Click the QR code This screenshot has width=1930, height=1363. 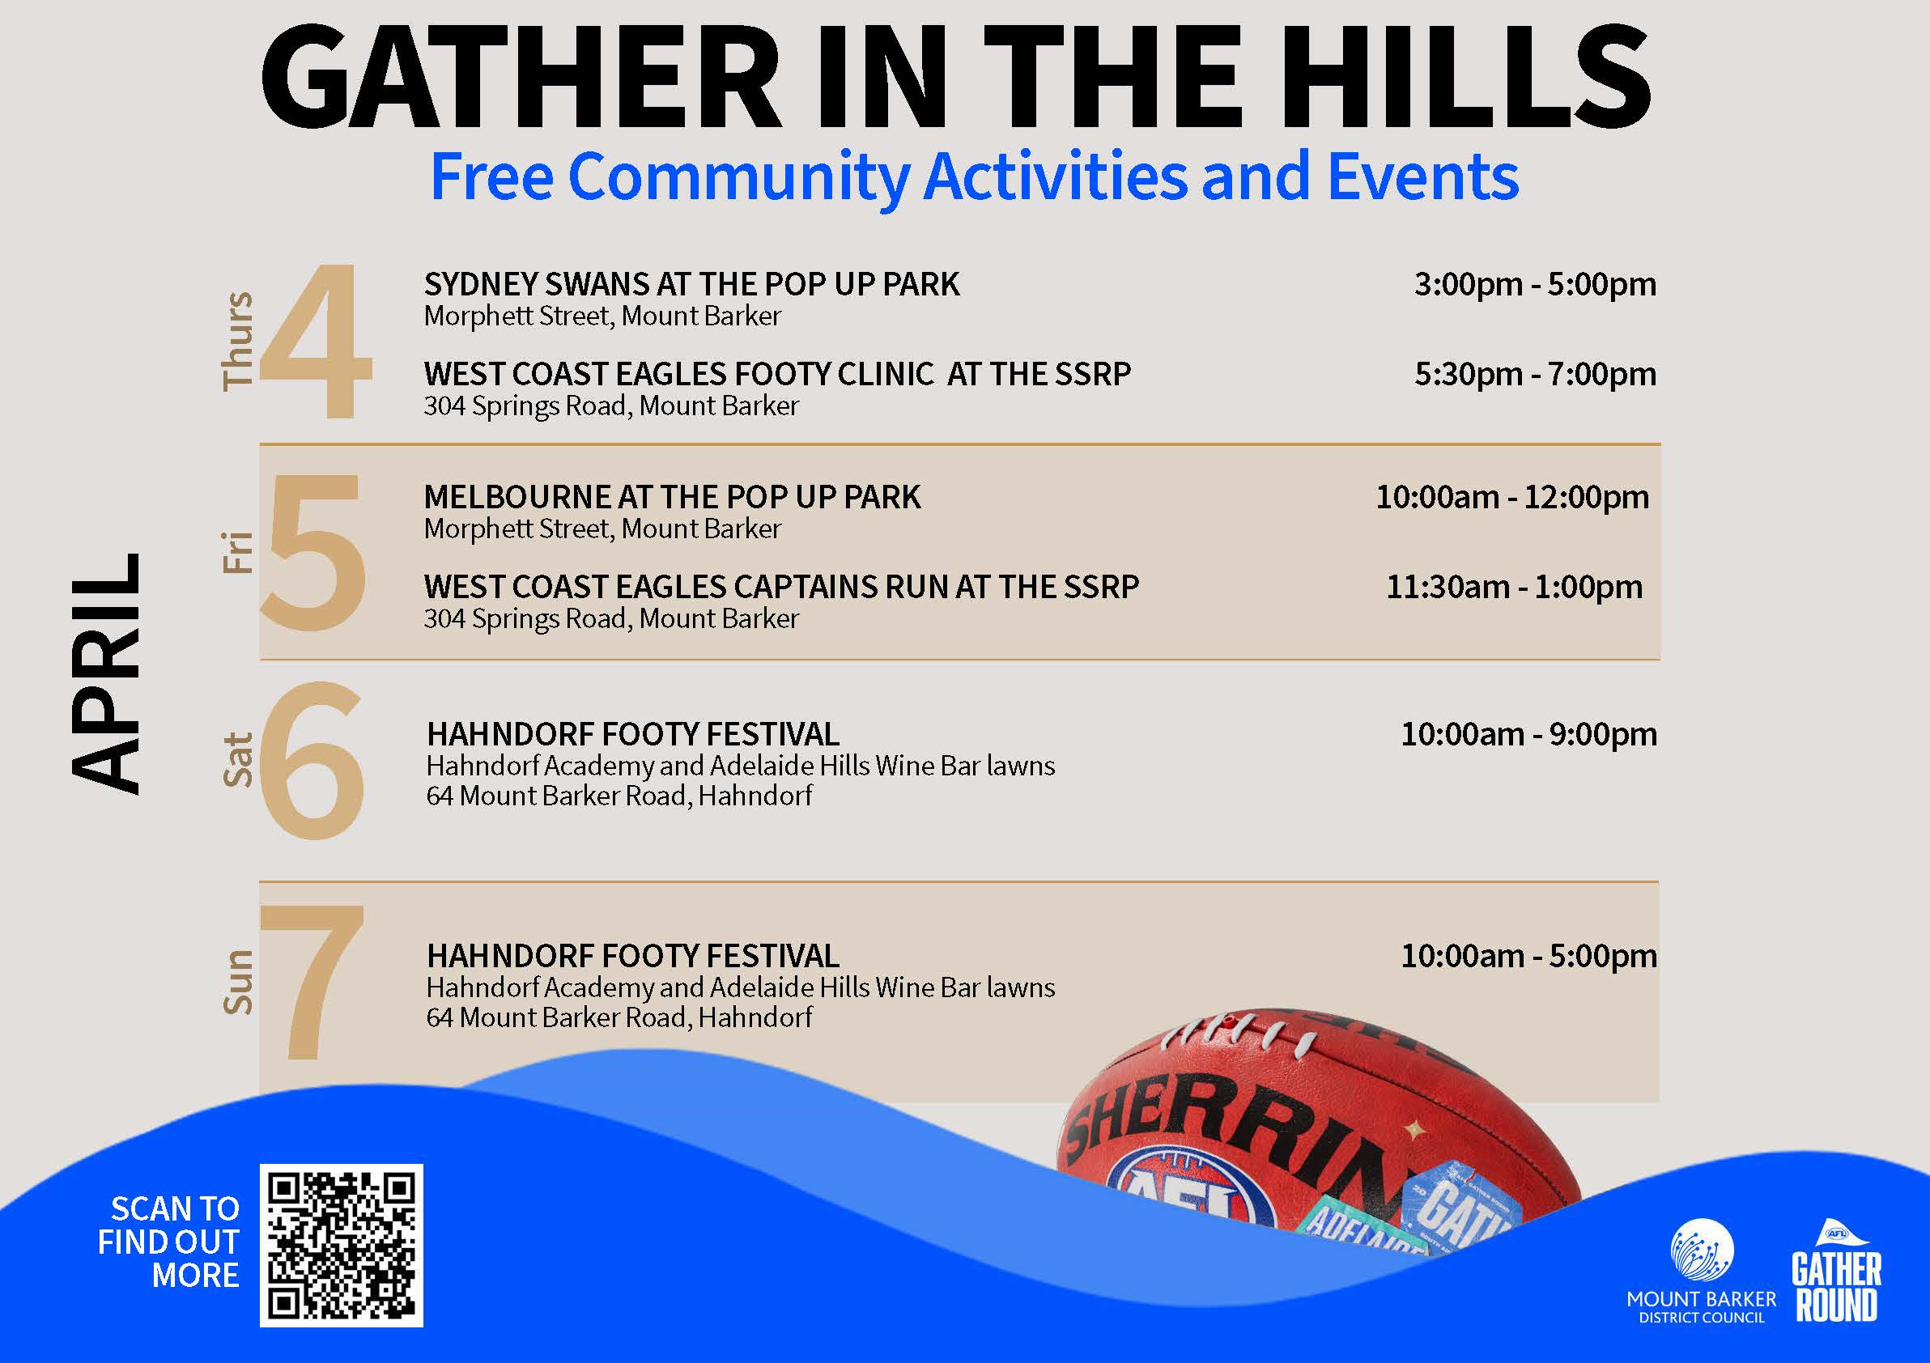[342, 1246]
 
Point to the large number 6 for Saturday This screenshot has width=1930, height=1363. [311, 762]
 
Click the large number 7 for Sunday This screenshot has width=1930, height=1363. [312, 982]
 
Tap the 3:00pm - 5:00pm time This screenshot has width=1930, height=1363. [1535, 284]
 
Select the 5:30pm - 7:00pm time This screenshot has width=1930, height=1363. [1535, 374]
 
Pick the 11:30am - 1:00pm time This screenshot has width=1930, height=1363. [1514, 587]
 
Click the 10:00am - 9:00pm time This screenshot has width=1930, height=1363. [1529, 734]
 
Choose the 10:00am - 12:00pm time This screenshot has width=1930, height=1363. [1512, 498]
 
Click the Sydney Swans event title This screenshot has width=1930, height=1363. [692, 285]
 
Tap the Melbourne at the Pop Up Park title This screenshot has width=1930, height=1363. [673, 498]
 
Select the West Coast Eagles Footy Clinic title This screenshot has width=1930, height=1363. [777, 374]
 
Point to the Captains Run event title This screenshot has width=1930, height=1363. [782, 587]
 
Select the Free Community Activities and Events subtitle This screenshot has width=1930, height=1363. [974, 178]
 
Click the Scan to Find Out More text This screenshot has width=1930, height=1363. [168, 1242]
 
